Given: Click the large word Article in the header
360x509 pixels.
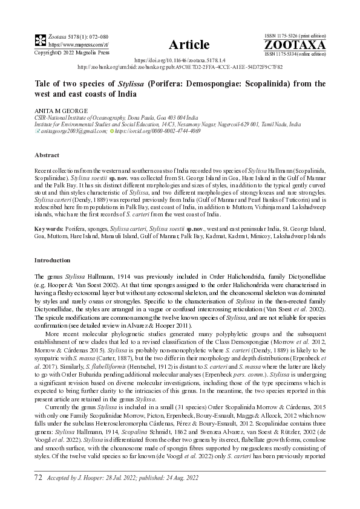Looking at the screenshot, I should pos(189,44).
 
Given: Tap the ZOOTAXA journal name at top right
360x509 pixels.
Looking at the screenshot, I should pos(295,45).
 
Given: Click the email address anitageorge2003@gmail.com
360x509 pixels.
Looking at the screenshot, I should pos(67,131).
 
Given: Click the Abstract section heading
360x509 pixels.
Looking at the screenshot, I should pos(47,155).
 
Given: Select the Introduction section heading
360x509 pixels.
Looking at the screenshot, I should pos(53,260).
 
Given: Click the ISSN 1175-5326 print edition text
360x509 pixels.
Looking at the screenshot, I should pos(295,37).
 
